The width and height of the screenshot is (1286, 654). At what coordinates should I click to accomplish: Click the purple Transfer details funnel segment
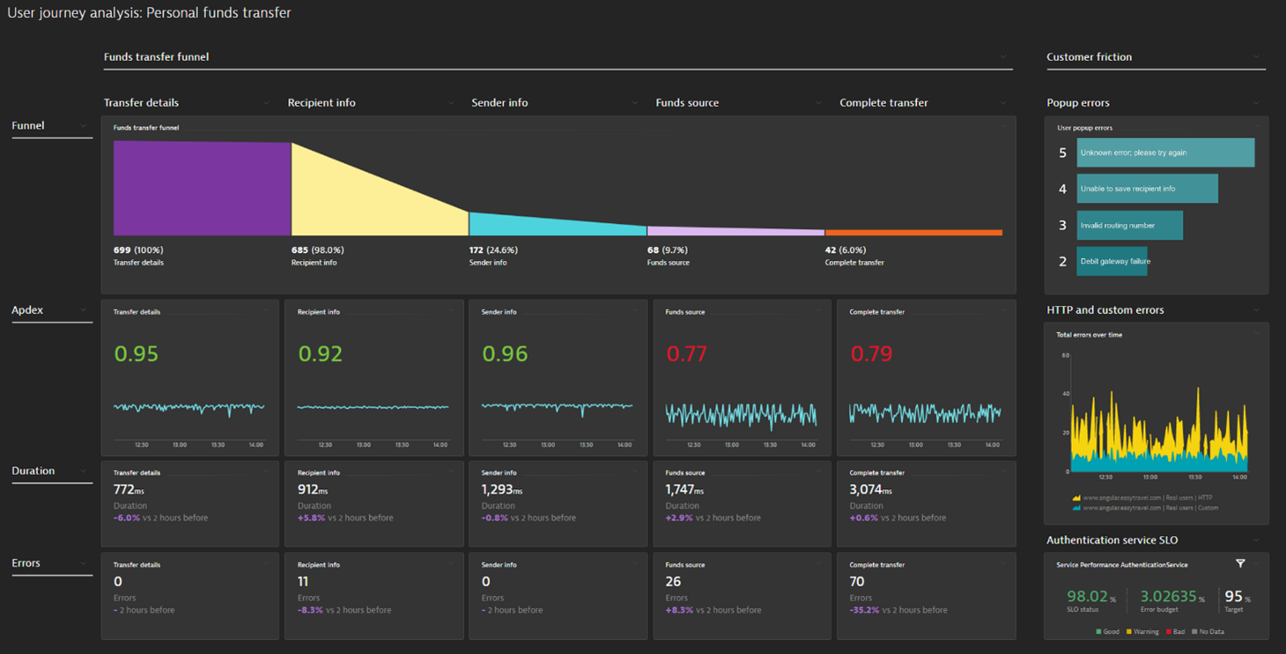[202, 188]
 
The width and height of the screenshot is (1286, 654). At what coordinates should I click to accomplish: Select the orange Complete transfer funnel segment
[913, 233]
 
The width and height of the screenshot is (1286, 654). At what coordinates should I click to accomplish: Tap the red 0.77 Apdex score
[686, 354]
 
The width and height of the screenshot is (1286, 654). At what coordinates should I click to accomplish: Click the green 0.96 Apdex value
[505, 354]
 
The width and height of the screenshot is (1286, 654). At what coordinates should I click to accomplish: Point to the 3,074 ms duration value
[870, 489]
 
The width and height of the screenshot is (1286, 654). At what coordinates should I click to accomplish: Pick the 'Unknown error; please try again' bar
[1164, 152]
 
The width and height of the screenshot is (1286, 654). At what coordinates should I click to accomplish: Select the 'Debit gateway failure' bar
[1112, 261]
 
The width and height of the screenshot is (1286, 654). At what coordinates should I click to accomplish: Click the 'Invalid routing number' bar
[1129, 225]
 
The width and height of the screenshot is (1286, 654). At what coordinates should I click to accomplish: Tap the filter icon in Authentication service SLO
[1240, 564]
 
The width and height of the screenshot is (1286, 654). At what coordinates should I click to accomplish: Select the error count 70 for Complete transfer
[857, 582]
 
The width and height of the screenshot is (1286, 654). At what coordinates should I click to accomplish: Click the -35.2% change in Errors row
[865, 610]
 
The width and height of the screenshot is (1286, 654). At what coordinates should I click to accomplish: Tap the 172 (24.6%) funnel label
[493, 250]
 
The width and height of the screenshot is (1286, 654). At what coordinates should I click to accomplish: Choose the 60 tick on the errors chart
[1065, 355]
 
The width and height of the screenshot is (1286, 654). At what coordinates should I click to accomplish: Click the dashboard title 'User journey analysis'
[149, 13]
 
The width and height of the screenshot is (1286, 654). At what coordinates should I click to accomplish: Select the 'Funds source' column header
[687, 103]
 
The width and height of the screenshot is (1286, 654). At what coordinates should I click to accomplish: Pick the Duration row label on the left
[33, 471]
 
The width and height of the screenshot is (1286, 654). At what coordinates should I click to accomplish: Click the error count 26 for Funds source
[673, 582]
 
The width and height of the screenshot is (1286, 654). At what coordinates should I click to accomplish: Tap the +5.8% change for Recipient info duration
[311, 518]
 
